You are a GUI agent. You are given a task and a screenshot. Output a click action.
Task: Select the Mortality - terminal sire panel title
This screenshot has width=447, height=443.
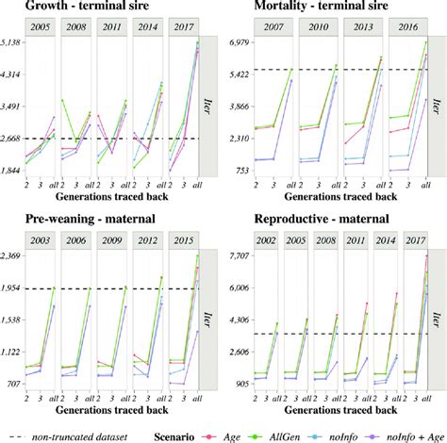pos(309,9)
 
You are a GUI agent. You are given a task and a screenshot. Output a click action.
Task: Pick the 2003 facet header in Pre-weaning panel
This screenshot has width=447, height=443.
pos(41,242)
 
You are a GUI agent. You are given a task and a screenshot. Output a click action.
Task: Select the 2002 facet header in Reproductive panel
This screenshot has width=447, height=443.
pos(269,242)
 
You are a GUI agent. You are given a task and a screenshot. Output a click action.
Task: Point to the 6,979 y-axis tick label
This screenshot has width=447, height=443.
pos(240,43)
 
